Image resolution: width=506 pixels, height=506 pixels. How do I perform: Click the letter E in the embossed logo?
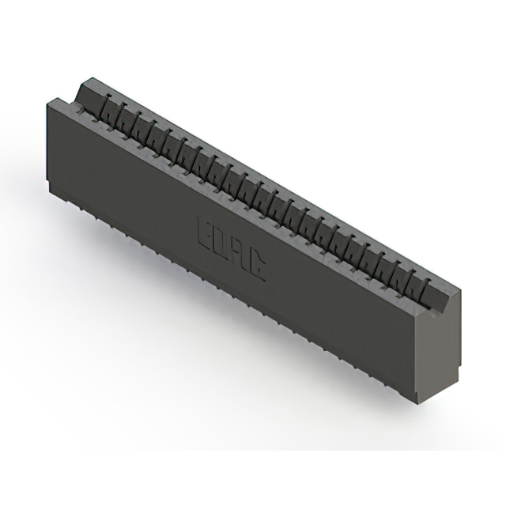[x=203, y=232]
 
